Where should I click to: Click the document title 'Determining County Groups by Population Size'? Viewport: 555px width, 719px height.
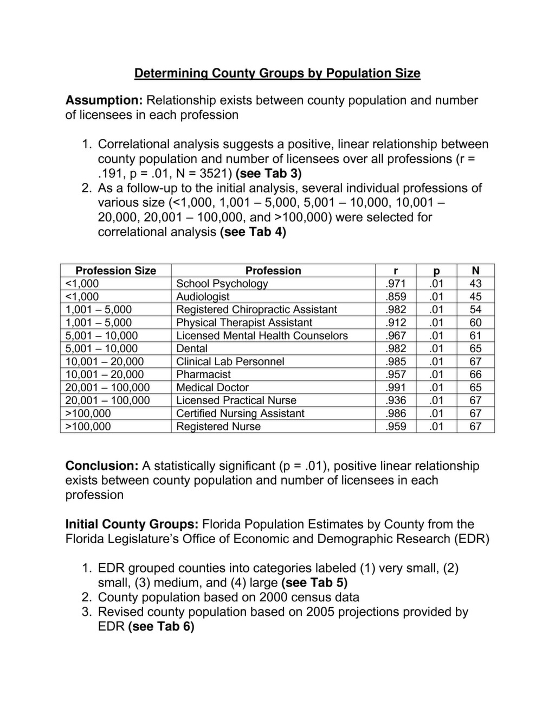coord(277,73)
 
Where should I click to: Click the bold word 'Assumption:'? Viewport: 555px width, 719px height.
coord(104,100)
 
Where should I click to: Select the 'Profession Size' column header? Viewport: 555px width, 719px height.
coord(115,271)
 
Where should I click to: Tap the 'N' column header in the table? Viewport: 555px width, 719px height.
coord(475,271)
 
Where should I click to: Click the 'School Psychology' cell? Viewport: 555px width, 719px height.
coord(222,284)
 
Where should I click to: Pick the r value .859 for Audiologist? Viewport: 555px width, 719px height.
coord(396,297)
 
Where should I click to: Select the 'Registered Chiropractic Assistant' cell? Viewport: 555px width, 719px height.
coord(256,310)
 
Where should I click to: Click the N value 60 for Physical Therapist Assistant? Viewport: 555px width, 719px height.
coord(475,323)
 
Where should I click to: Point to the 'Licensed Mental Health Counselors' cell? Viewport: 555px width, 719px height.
coord(262,336)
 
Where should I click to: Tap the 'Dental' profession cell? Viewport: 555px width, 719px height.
coord(192,349)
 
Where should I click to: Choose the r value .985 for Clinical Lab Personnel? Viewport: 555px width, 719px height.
coord(396,362)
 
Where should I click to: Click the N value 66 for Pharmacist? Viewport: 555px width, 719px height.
coord(475,374)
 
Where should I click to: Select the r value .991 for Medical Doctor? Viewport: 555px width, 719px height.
coord(396,387)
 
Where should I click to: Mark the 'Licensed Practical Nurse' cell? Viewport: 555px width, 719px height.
coord(236,400)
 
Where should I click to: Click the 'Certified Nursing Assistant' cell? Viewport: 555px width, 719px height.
coord(240,413)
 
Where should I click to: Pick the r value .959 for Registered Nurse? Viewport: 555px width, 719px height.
coord(396,427)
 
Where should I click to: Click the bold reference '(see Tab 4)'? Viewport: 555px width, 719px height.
coord(253,232)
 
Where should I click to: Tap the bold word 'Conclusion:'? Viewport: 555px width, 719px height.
coord(102,466)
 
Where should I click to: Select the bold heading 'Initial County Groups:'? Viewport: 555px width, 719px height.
coord(132,525)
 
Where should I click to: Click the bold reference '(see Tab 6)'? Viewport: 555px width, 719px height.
coord(161,627)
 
